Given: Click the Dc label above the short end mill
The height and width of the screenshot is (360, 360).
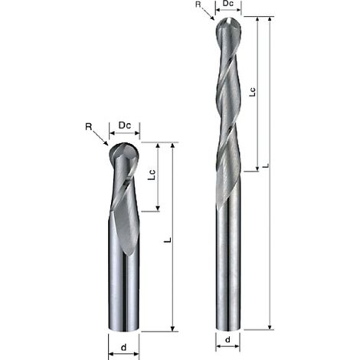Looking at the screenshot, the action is [x=125, y=125].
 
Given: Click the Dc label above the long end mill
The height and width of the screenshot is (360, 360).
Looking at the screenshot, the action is [x=228, y=3].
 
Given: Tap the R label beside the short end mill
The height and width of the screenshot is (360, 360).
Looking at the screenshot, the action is [x=88, y=126].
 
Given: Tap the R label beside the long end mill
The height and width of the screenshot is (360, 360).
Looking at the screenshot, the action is [x=198, y=5].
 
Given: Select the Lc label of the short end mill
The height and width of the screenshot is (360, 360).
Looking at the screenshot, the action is [x=152, y=175].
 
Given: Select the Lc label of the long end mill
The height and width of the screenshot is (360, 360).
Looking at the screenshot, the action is [x=252, y=92].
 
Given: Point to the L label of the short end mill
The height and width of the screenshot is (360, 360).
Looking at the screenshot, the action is [x=167, y=240].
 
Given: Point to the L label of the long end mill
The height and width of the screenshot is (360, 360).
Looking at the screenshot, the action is [x=266, y=165].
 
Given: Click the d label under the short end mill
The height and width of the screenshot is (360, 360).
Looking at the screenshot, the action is [x=123, y=347].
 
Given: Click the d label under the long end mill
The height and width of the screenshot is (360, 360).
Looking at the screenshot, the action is [x=227, y=339].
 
